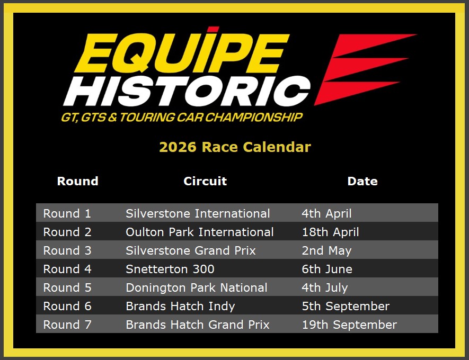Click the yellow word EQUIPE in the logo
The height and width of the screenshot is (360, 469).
click(x=182, y=52)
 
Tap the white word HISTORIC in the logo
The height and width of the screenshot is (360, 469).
click(x=187, y=91)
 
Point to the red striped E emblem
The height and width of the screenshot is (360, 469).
click(x=365, y=69)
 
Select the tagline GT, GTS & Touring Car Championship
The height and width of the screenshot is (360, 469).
click(x=182, y=118)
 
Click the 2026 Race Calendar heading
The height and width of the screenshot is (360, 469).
click(x=235, y=147)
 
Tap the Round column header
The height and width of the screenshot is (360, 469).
click(x=78, y=181)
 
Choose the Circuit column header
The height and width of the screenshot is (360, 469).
click(x=205, y=181)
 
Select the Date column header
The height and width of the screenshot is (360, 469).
click(x=362, y=181)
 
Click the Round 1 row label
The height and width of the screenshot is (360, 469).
click(x=67, y=213)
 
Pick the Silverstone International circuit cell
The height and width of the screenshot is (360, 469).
click(x=198, y=213)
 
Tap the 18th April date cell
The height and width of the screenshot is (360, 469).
click(x=330, y=232)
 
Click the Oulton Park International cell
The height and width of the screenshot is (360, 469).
click(x=199, y=232)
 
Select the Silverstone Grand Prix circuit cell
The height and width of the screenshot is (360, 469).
click(x=191, y=250)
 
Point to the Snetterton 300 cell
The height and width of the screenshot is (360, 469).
click(x=170, y=269)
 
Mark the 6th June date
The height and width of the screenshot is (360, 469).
click(x=327, y=269)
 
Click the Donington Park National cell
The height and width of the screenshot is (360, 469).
click(x=197, y=287)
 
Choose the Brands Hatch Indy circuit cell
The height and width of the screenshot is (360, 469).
click(x=180, y=306)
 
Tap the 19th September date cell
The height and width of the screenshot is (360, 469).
click(x=349, y=325)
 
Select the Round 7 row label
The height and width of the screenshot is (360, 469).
click(x=67, y=325)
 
